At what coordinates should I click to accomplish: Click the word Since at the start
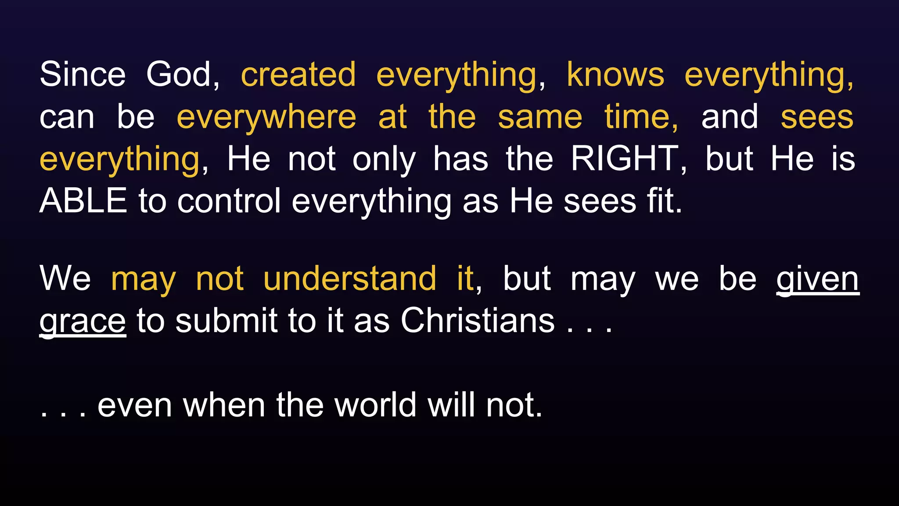(x=83, y=75)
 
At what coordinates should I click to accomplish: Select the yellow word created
(x=298, y=75)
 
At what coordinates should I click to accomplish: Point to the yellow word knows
(x=615, y=75)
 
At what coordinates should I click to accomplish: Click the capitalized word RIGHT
(x=625, y=159)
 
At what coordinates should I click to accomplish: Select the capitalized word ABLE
(x=83, y=201)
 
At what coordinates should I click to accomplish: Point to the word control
(x=229, y=201)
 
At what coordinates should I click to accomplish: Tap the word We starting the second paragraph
(x=65, y=278)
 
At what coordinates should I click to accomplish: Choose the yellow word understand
(x=350, y=278)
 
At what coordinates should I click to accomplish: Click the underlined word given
(x=817, y=279)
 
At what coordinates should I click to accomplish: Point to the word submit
(x=227, y=321)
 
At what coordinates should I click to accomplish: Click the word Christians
(x=478, y=321)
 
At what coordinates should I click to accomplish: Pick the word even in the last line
(x=134, y=405)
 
